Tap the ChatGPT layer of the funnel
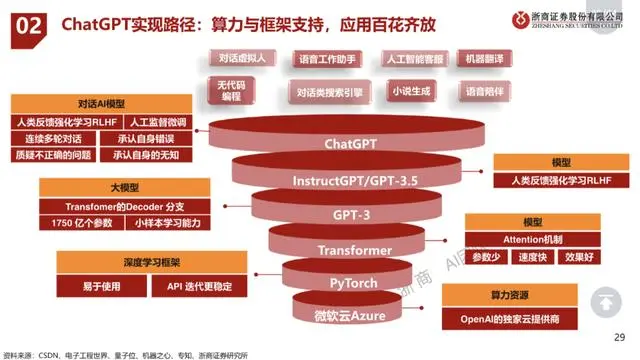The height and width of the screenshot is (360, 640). [350, 143]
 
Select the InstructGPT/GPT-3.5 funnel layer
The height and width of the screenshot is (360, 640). [350, 181]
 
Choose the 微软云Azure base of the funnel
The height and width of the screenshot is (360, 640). [350, 316]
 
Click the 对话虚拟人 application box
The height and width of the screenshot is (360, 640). [243, 59]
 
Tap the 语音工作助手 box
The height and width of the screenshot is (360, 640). [328, 59]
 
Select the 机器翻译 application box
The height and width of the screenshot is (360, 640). [488, 59]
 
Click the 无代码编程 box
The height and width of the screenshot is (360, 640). [232, 91]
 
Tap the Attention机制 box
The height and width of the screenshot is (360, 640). [547, 239]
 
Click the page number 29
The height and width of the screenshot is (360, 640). [619, 337]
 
